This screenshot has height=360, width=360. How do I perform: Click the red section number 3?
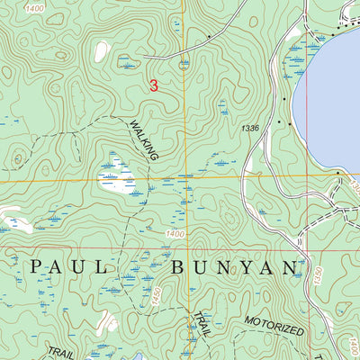tap(154, 86)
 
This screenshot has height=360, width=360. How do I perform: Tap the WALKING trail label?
tap(143, 142)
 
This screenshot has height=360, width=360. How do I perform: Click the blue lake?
tap(337, 99)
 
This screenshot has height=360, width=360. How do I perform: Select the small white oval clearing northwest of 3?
tap(102, 51)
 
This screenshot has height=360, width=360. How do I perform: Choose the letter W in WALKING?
tap(132, 127)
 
